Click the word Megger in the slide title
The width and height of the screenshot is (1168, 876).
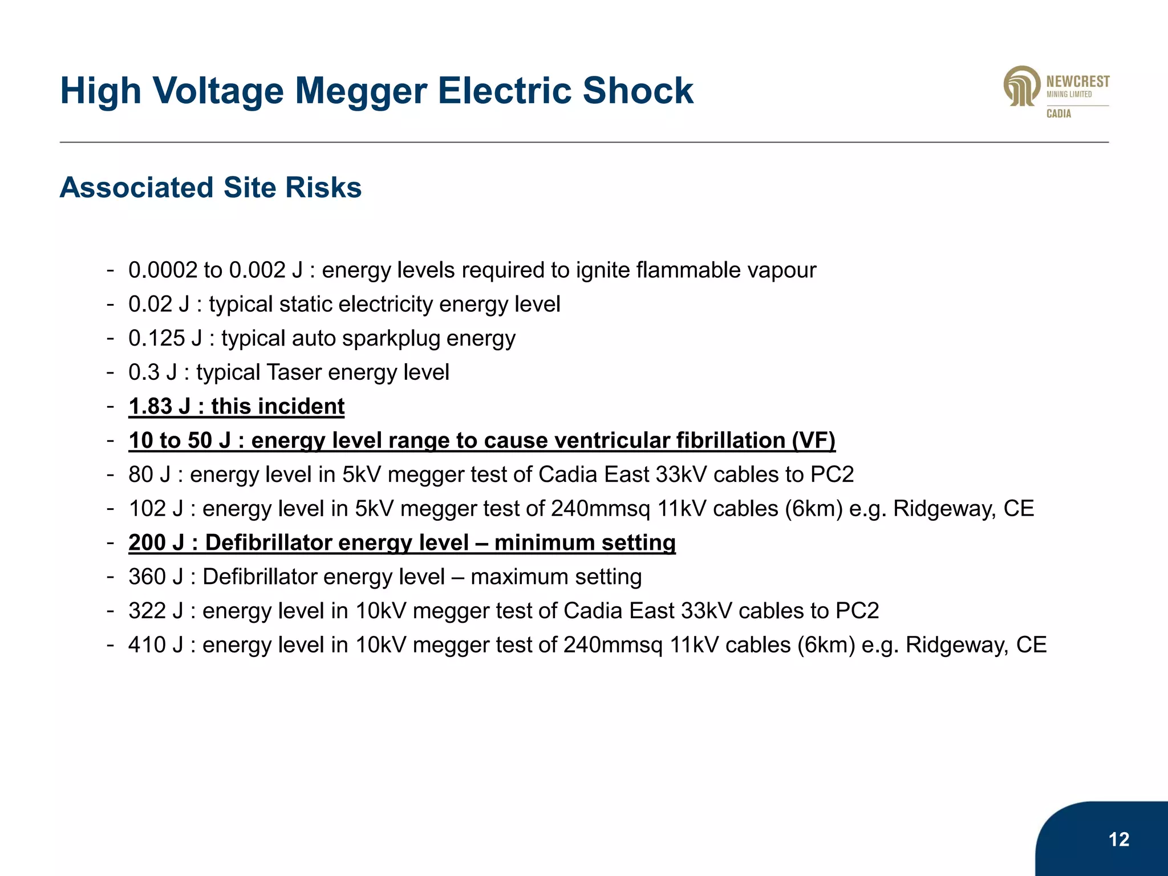tap(361, 91)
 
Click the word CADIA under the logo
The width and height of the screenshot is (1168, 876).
tap(1058, 113)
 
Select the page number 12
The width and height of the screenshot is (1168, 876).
tap(1119, 839)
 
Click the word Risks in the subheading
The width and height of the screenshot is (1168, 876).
tap(323, 188)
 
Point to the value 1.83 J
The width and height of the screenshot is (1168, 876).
tap(159, 407)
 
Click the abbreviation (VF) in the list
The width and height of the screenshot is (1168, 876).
tap(813, 440)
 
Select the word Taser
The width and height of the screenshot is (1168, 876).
tap(294, 372)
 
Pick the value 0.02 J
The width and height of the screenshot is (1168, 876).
tap(159, 304)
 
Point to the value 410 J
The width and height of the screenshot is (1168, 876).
tap(156, 645)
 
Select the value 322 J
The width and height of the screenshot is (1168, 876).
tap(156, 611)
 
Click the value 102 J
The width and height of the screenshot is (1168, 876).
tap(156, 509)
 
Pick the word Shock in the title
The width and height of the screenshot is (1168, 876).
tap(638, 91)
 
